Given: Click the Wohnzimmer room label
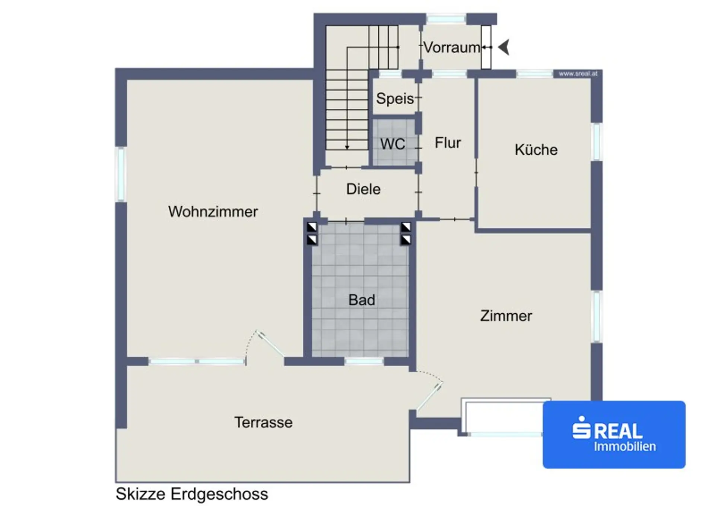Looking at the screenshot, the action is click(213, 212).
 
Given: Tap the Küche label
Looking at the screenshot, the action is click(536, 150).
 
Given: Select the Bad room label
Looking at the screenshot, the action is click(362, 300).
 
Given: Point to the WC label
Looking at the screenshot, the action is click(393, 144).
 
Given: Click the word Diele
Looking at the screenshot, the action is click(363, 189).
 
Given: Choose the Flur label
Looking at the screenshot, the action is click(448, 143).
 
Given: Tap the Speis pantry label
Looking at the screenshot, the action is click(395, 99).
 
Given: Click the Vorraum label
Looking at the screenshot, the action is click(452, 48).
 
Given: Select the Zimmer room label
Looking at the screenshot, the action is click(506, 316).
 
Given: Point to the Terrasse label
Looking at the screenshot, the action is click(263, 423).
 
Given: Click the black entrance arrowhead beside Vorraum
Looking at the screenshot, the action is click(504, 47).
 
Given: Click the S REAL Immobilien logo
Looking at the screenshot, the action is click(614, 434).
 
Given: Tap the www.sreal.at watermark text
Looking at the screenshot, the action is click(578, 74).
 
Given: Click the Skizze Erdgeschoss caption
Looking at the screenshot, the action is click(192, 494).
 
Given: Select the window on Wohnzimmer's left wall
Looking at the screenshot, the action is click(121, 174).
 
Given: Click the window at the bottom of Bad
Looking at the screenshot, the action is click(364, 361).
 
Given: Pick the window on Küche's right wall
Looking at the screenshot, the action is click(597, 142).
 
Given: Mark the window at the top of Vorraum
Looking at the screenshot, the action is click(446, 19).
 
